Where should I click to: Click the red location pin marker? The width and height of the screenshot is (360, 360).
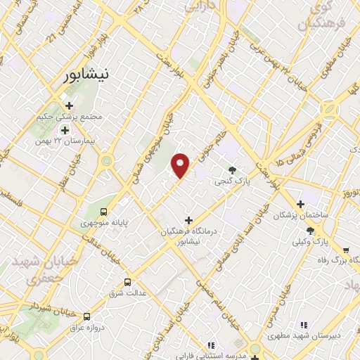(181, 165)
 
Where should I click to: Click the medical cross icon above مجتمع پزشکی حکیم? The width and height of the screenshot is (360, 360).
(69, 105)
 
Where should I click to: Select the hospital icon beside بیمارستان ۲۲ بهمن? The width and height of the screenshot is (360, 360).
(65, 130)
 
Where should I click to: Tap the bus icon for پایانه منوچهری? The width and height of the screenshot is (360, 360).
(104, 211)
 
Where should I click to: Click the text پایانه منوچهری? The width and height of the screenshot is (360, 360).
(110, 223)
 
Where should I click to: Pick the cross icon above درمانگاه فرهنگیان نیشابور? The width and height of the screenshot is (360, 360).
(188, 220)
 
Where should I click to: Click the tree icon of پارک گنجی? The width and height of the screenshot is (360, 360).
(233, 169)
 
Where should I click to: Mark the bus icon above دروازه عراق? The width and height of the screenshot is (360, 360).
(87, 317)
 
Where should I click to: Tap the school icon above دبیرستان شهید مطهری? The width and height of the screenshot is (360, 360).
(303, 325)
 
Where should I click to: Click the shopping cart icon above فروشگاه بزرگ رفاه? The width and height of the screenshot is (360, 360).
(345, 250)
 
